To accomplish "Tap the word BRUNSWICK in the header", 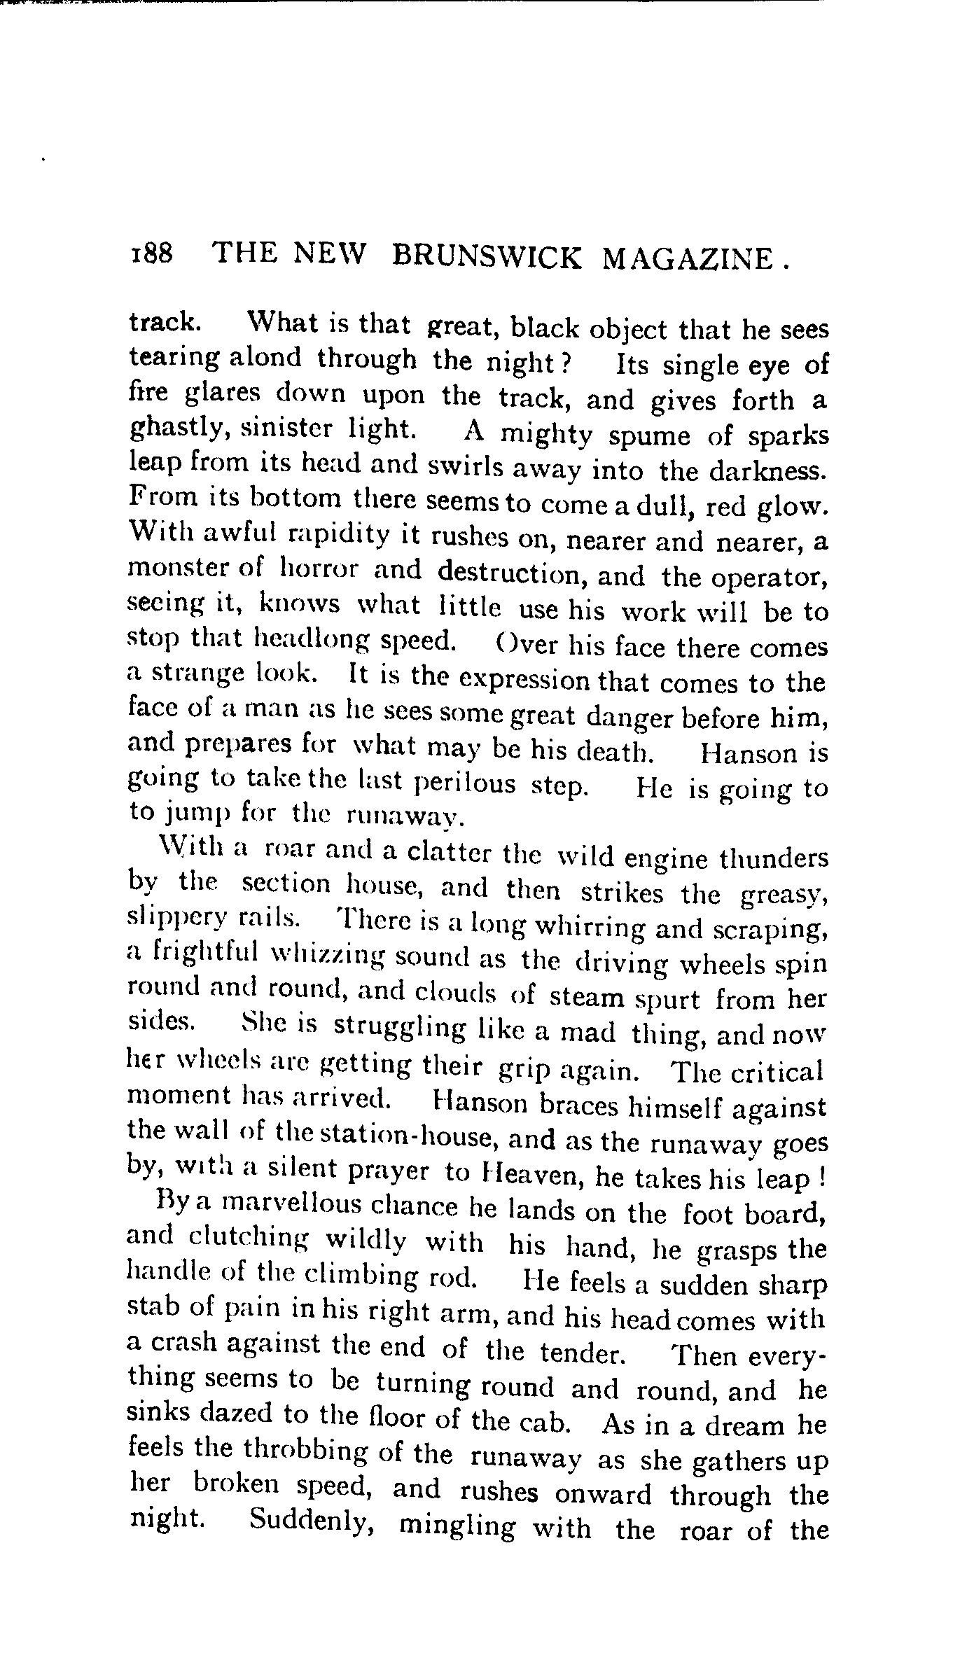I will tap(487, 256).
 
